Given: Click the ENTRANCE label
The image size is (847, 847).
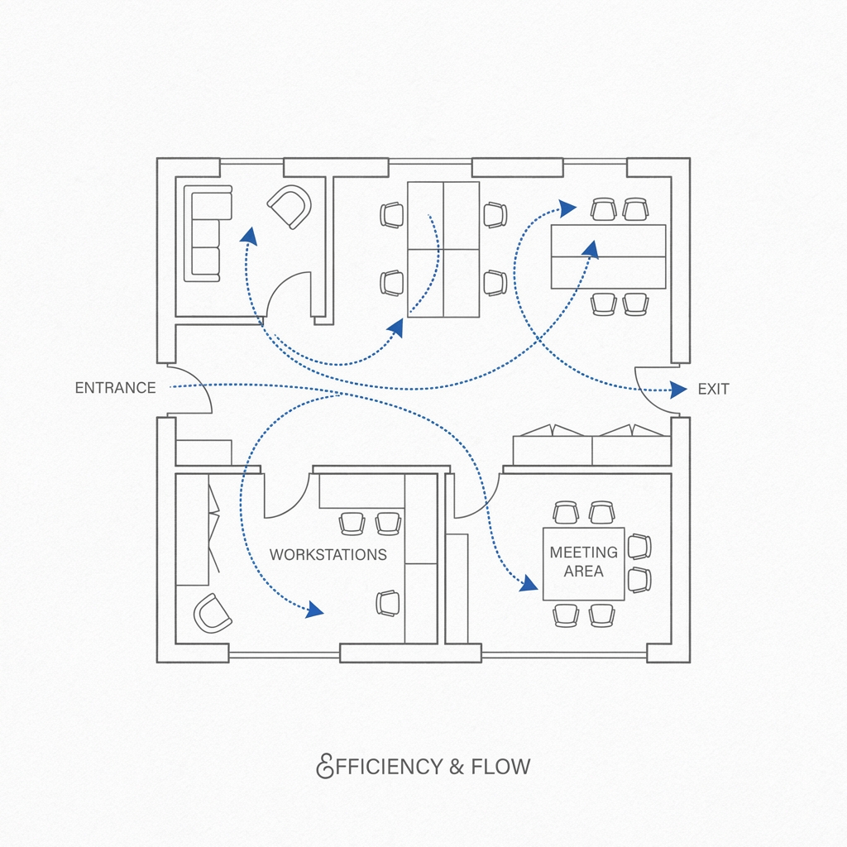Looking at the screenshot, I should pos(115,388).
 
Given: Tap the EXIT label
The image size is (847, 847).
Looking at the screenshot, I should pos(713,389).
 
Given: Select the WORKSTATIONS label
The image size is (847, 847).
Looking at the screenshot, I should pos(328,554).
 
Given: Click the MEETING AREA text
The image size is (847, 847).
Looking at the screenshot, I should pos(583,562).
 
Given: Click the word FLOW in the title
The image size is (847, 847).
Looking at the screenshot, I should pos(500,767).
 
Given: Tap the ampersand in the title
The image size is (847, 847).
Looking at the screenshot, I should pos(457,767).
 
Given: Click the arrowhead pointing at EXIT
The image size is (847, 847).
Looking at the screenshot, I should pos(678,389).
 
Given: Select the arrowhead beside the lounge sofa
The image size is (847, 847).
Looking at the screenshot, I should pos(247,236).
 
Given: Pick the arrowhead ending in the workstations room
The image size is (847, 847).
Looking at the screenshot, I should pos(314,611).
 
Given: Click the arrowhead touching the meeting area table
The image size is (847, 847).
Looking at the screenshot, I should pos(527,585).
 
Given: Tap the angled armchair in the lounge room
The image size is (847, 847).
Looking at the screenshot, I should pos(290,207).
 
